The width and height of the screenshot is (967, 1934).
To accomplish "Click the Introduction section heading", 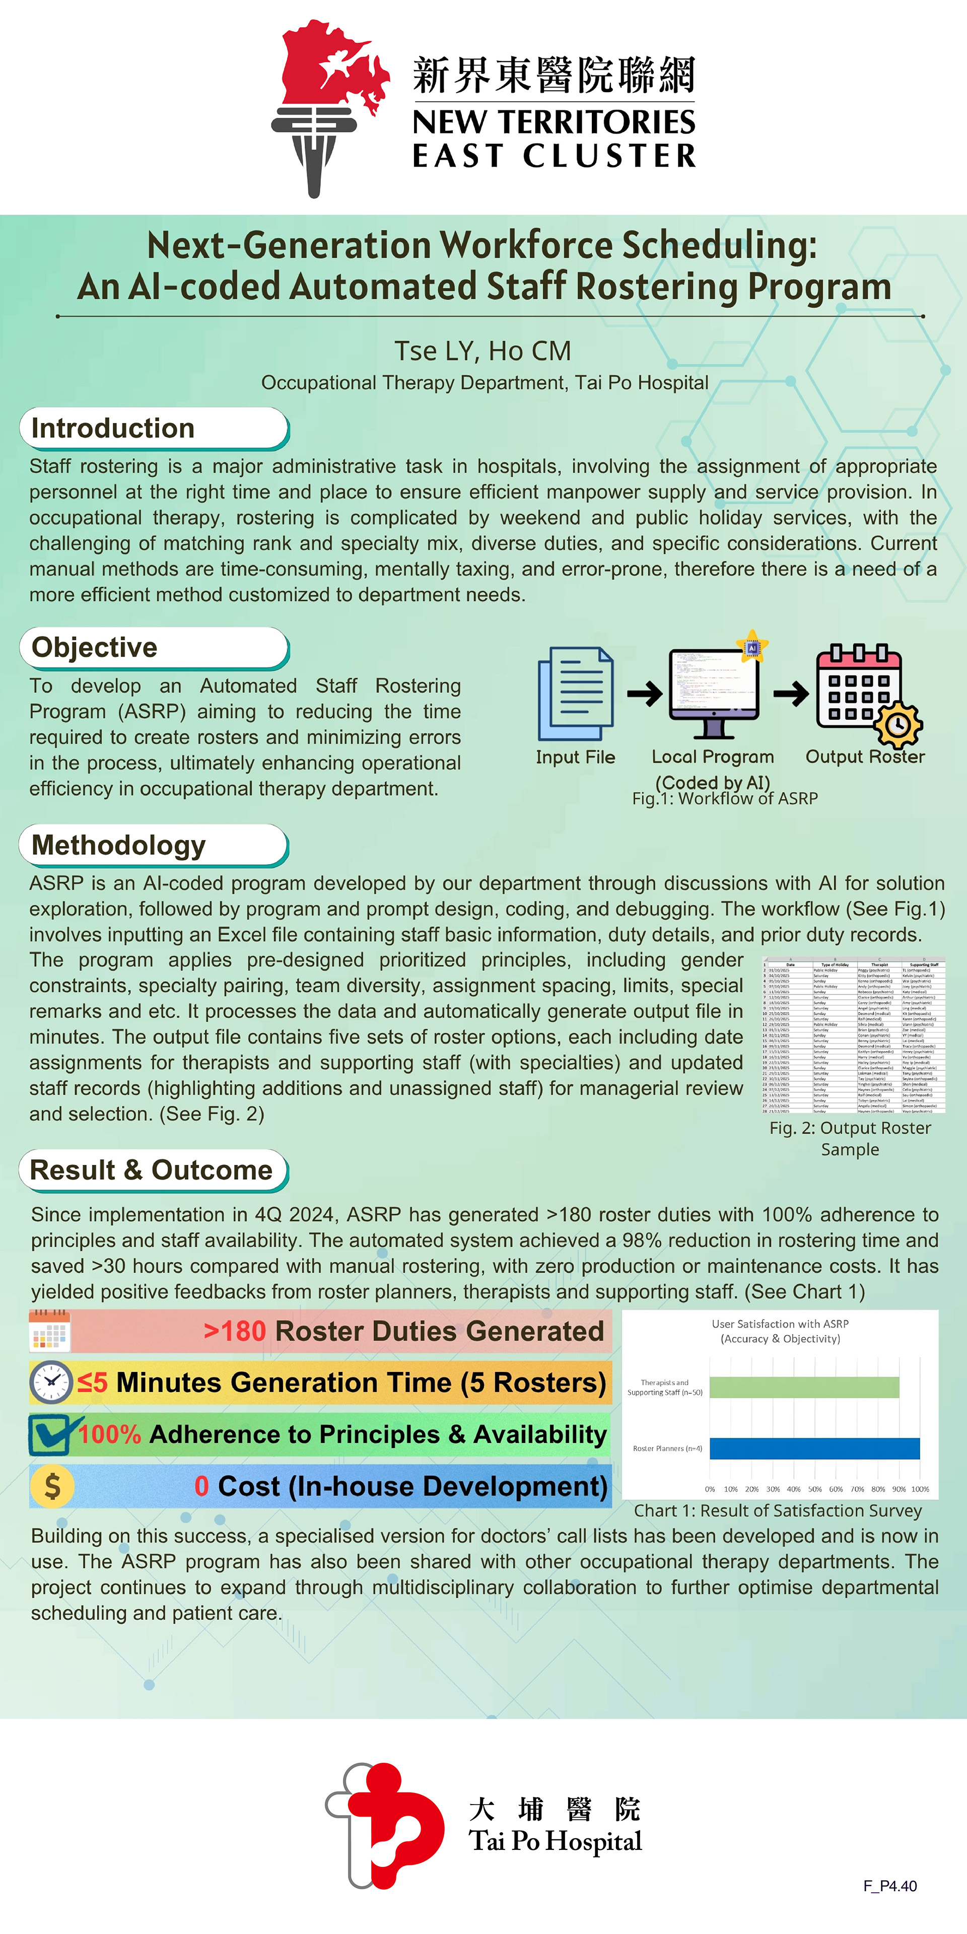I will (x=113, y=428).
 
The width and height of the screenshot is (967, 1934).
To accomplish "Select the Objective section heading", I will (x=95, y=647).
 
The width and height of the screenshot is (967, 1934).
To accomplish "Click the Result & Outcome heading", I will (x=151, y=1169).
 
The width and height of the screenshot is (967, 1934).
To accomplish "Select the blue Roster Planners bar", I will (x=814, y=1448).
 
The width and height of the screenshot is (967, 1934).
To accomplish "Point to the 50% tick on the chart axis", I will (x=814, y=1489).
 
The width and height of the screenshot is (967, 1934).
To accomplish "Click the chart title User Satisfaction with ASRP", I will (x=780, y=1324).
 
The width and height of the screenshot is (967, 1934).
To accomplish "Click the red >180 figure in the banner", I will (x=235, y=1331).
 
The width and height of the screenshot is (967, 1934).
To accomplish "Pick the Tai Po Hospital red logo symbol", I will (x=387, y=1824).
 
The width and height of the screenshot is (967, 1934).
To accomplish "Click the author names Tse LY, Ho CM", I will (x=483, y=351).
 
